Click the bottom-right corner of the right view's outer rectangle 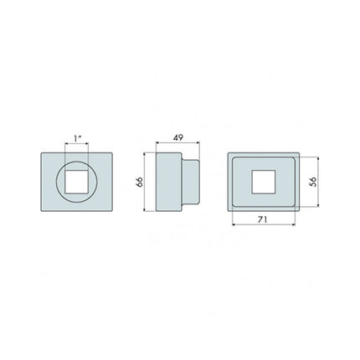[x=297, y=209]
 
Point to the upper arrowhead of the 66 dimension [x=149, y=155]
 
